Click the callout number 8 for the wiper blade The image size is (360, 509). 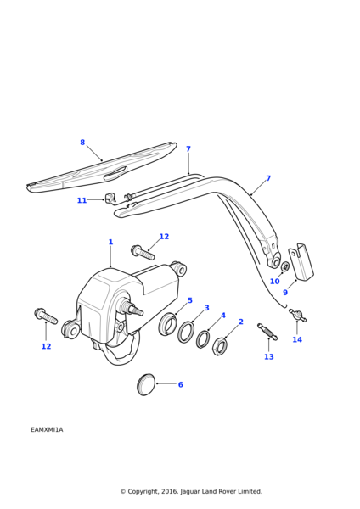coord(82,143)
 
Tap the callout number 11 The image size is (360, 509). coord(82,200)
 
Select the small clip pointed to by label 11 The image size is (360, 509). coord(110,198)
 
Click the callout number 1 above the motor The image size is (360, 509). coord(110,242)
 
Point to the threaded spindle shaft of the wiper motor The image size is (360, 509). coord(132,309)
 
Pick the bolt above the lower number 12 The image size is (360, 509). coord(46,316)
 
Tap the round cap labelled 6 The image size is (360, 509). coord(146,384)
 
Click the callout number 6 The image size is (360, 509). coord(181,384)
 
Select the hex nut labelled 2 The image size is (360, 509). coord(219,346)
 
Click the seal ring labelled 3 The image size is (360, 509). coord(186,332)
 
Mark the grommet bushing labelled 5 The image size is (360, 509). coord(167,323)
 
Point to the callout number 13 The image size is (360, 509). coord(269,357)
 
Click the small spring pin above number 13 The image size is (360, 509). coord(267,332)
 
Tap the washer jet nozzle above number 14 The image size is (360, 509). coord(297,315)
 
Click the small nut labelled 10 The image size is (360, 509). coord(285,266)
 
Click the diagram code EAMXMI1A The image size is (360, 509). coord(47,430)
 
